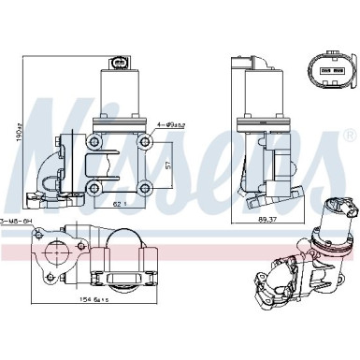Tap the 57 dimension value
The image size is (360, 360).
[168, 165]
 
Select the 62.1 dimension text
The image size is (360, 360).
[120, 203]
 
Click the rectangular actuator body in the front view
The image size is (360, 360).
[120, 98]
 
